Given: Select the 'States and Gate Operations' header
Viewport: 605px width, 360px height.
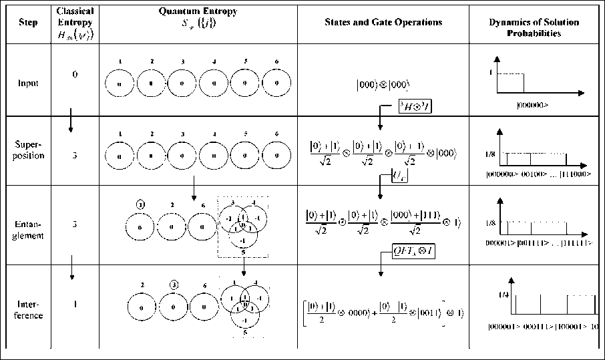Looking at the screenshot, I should click(383, 22).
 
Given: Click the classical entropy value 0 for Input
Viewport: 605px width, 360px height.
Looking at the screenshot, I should click(75, 74).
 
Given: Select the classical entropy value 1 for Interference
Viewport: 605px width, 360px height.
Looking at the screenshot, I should click(75, 305).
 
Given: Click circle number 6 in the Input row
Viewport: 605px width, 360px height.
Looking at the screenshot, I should click(276, 83).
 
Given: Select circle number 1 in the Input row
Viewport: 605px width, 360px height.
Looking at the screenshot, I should click(120, 83).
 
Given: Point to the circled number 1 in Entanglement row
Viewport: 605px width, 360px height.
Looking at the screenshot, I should click(139, 203).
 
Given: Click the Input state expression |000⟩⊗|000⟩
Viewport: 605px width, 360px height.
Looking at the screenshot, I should click(383, 85).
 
